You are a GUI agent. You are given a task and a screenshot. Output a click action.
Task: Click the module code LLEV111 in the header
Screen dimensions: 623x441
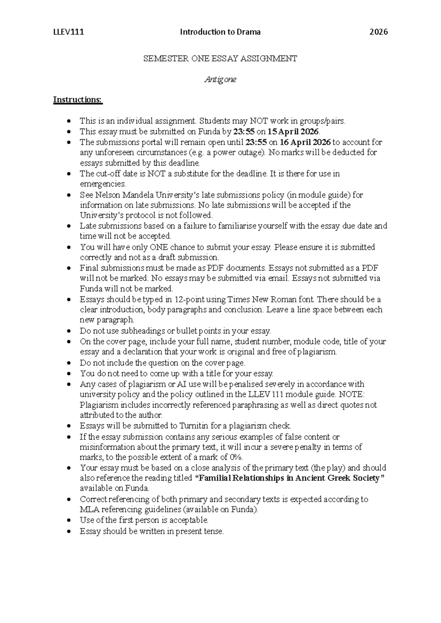pyautogui.click(x=68, y=32)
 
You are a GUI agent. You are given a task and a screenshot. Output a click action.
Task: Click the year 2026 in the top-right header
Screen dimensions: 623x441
pyautogui.click(x=379, y=32)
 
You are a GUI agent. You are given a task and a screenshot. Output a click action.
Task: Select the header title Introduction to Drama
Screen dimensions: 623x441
pyautogui.click(x=220, y=32)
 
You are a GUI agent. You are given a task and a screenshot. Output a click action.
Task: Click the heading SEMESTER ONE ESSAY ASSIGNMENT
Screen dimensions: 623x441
pyautogui.click(x=220, y=58)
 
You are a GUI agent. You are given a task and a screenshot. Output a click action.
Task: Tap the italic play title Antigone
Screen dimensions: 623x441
pyautogui.click(x=220, y=79)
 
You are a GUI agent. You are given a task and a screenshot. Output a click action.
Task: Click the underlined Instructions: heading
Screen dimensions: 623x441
pyautogui.click(x=78, y=100)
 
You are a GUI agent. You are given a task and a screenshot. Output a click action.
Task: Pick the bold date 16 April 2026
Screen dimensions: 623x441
pyautogui.click(x=305, y=142)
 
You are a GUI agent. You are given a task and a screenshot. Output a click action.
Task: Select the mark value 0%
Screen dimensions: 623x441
pyautogui.click(x=236, y=457)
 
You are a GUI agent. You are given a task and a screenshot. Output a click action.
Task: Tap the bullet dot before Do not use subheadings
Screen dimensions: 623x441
pyautogui.click(x=69, y=331)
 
